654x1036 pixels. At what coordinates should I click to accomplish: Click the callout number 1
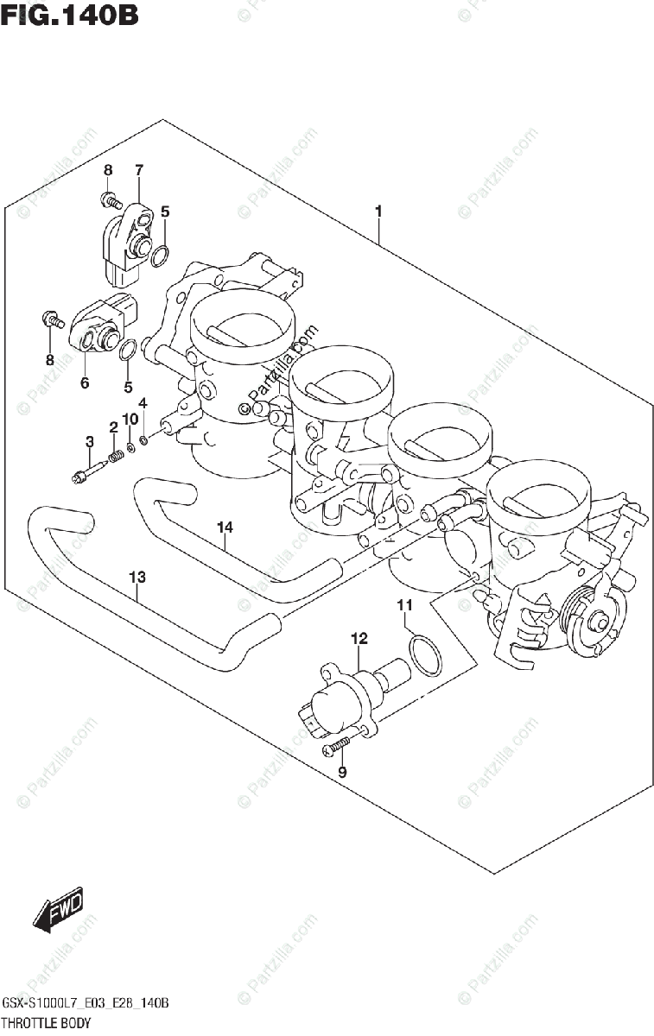[378, 211]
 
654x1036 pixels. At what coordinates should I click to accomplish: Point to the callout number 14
[225, 527]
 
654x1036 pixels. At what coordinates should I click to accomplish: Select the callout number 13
[137, 577]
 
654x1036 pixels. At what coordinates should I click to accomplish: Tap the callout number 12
[359, 639]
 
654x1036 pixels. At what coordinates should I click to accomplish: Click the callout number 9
[342, 772]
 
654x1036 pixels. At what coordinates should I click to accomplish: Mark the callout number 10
[130, 419]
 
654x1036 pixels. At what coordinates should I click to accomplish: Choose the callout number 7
[138, 169]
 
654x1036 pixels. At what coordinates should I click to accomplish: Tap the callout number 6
[85, 383]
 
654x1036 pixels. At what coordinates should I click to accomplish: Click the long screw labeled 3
[90, 471]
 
